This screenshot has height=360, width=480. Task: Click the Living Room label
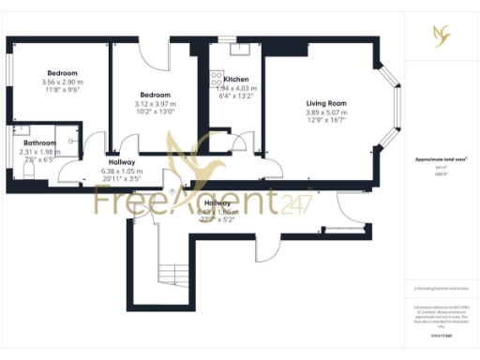coord(326,103)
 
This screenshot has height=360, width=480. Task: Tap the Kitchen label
coord(236,80)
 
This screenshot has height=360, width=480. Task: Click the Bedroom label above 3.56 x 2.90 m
coord(63,73)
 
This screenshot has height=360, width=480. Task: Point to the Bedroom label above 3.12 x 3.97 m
coord(156,95)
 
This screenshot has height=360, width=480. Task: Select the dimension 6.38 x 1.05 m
coord(122,172)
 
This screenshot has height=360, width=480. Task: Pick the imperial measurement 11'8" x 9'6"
coord(63,91)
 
